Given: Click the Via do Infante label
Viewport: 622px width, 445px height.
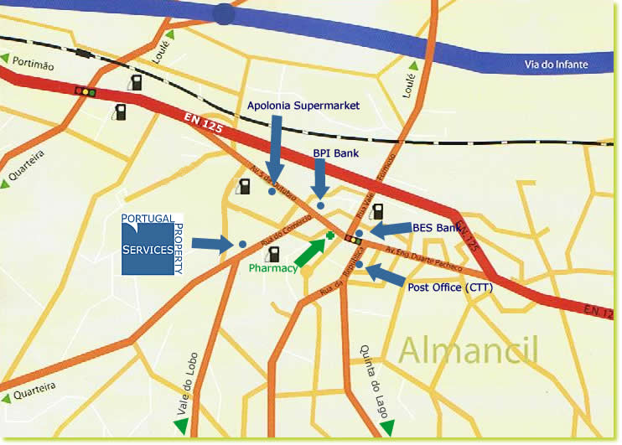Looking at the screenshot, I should tap(557, 65).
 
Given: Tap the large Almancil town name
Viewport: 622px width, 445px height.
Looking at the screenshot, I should tap(469, 349).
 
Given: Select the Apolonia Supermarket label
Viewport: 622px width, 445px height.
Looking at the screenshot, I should tap(303, 106).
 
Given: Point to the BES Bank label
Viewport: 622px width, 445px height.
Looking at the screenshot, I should tap(437, 227).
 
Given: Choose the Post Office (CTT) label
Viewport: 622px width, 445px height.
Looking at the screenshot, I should tap(449, 287).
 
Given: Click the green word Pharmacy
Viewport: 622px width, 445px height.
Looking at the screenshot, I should tap(273, 268).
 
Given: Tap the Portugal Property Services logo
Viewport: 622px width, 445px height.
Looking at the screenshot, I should tap(152, 244).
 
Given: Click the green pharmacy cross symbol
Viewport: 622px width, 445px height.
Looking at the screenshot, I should tap(331, 236).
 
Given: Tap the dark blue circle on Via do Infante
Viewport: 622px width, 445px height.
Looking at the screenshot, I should tap(224, 13).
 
